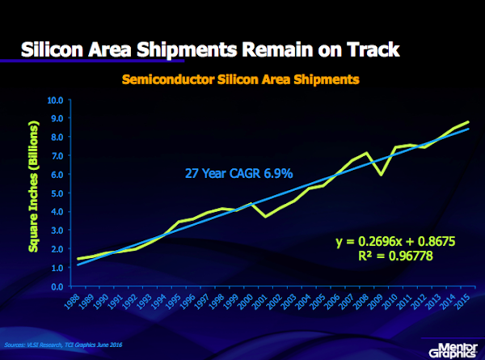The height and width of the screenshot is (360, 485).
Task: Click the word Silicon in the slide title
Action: pos(53,49)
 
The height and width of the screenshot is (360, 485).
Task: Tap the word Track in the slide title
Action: pos(369,49)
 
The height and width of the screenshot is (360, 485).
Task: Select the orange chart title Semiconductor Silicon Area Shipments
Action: pos(240,80)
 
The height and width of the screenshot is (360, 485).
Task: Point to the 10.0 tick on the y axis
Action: pos(55,101)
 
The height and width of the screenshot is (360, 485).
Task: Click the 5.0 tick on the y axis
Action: pos(57,194)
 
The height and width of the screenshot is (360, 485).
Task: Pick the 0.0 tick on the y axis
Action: pos(57,287)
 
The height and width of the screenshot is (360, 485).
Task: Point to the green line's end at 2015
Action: pos(468,122)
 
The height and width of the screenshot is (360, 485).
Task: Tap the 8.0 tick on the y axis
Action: pos(57,138)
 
